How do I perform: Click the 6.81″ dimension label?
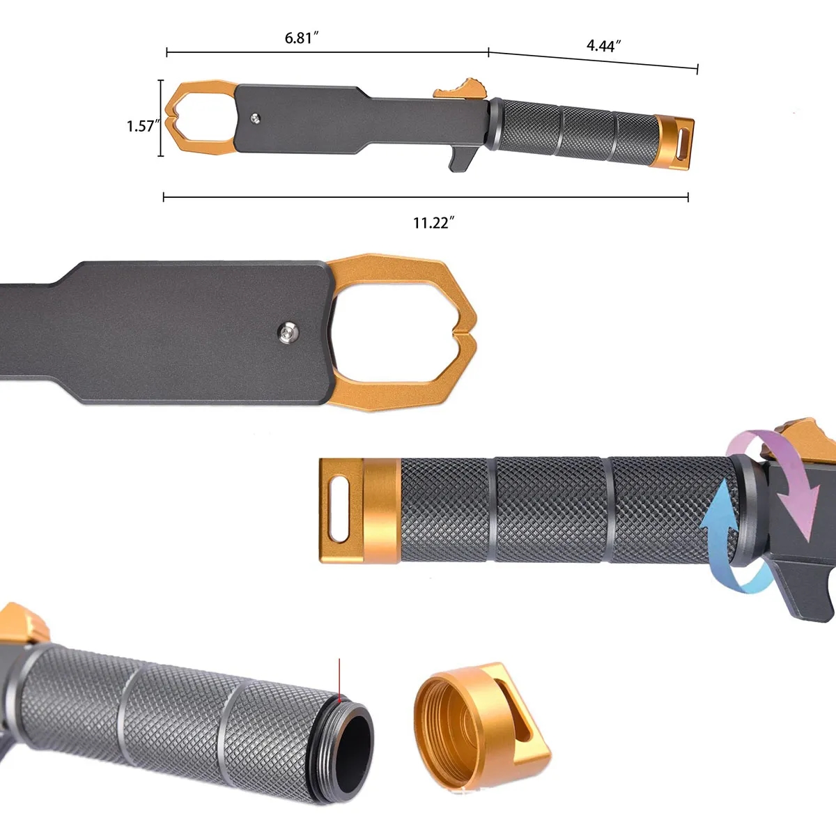pyautogui.click(x=302, y=38)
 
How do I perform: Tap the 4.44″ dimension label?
pyautogui.click(x=603, y=45)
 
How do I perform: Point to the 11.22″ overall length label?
pyautogui.click(x=433, y=223)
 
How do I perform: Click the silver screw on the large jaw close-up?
pyautogui.click(x=287, y=333)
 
